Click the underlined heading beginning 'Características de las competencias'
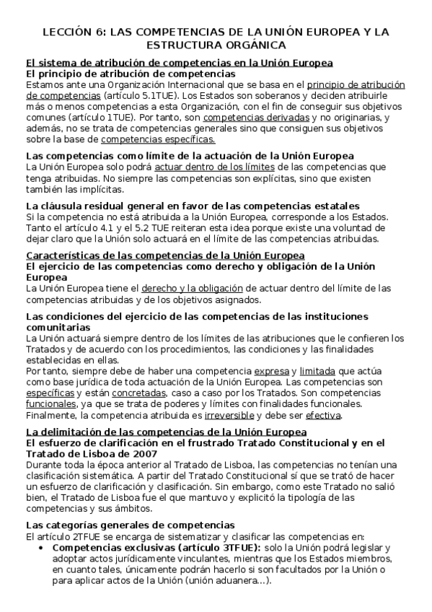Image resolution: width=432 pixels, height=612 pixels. [165, 255]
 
